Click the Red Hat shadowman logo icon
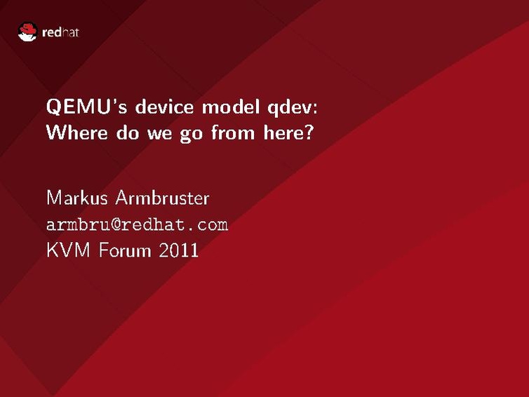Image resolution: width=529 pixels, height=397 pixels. [27, 32]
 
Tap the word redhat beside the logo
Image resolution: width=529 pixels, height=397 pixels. [60, 32]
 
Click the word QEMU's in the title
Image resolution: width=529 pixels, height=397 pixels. [87, 107]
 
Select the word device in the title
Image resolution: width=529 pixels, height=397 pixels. [165, 107]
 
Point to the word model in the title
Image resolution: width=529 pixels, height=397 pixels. [231, 107]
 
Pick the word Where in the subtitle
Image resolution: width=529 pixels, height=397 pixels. [77, 133]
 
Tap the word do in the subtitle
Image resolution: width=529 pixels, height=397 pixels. [128, 133]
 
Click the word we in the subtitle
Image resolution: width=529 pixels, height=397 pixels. [159, 134]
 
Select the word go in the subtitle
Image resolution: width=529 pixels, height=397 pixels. [192, 135]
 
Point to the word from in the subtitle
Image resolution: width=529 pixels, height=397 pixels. [233, 133]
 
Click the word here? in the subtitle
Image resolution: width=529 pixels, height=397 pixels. [288, 133]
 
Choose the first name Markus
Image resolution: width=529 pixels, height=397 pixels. [77, 198]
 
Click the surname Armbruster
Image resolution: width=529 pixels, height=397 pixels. [162, 198]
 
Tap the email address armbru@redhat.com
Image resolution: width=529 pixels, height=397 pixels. [138, 224]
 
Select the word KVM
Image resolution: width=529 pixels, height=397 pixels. [69, 250]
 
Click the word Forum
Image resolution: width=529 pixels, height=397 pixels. [125, 250]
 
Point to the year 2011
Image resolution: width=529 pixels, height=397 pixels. [178, 250]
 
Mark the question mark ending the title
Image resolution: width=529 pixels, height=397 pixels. [309, 133]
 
